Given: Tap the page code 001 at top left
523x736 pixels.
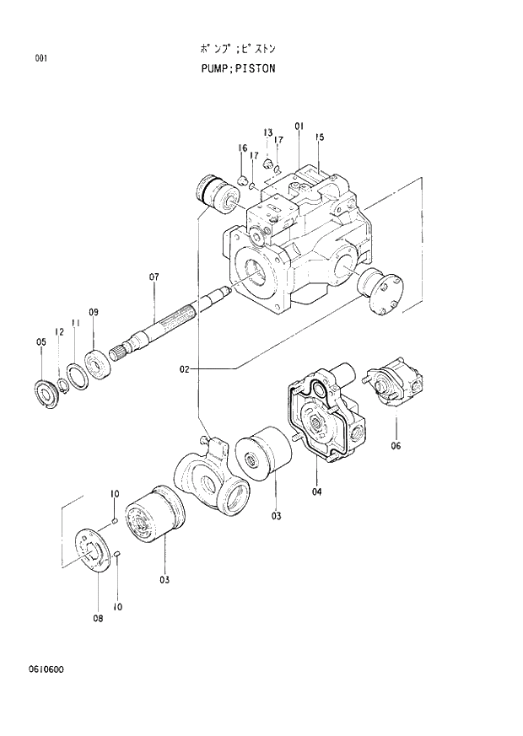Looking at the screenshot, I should (40, 58).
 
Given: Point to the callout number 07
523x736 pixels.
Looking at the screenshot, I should (154, 277).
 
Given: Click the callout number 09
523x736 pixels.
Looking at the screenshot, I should (94, 313).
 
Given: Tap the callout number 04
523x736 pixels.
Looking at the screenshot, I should (317, 492).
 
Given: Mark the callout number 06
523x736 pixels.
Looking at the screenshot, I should (396, 447).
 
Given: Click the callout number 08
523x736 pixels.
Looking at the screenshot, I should (98, 619).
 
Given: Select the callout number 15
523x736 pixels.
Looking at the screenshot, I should (320, 137).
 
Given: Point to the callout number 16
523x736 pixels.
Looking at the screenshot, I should (242, 148).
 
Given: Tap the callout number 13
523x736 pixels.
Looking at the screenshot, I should (267, 133).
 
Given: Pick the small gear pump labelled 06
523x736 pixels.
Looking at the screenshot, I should (395, 384).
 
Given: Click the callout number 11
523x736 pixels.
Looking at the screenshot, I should (75, 323).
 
